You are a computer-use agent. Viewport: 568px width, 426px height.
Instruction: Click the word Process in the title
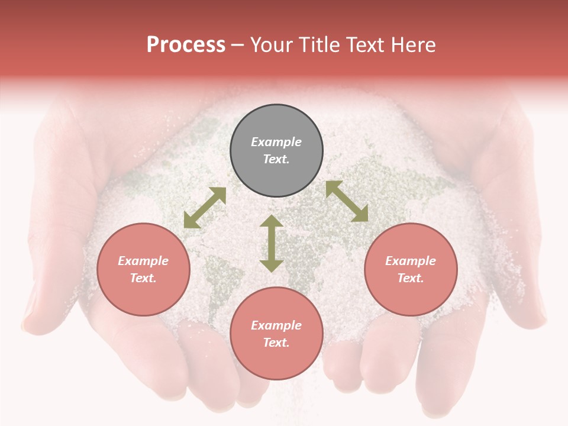click(186, 45)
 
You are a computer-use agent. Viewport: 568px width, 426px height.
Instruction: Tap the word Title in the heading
click(321, 45)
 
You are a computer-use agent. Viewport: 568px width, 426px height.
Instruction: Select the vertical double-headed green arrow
click(272, 243)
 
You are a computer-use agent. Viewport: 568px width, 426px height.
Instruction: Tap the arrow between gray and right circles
click(347, 201)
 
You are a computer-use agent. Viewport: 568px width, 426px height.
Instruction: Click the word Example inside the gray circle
click(276, 142)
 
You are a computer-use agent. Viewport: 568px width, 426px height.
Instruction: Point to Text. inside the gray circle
click(276, 159)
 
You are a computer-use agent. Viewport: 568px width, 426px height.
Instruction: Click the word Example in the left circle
click(143, 261)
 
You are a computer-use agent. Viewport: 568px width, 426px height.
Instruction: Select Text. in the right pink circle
click(411, 278)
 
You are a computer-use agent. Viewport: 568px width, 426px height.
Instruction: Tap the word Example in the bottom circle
click(276, 325)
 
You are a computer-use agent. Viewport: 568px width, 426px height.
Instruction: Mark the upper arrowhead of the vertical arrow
click(272, 222)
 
